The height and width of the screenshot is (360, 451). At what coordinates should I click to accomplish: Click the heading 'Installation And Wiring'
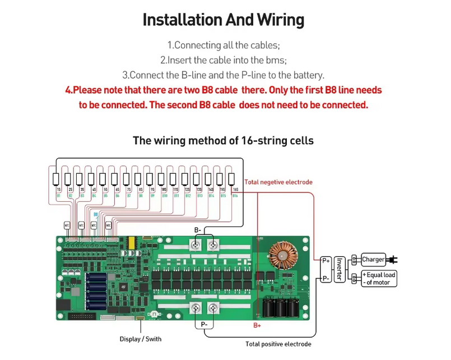pos(223,20)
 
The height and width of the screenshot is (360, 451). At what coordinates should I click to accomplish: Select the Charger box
pos(373,260)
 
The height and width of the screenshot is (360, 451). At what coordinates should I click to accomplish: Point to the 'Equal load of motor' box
pos(379,279)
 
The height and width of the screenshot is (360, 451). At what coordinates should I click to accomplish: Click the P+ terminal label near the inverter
pos(326,261)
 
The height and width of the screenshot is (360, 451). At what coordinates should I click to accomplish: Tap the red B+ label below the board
pos(257,325)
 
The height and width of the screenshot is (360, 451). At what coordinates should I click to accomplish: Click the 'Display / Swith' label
pos(140,339)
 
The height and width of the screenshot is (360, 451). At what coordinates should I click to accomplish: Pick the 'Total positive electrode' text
pos(278,344)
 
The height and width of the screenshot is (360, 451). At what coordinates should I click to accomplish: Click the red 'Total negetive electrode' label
pos(278,182)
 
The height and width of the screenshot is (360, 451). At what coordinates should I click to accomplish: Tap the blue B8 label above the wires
pos(95,214)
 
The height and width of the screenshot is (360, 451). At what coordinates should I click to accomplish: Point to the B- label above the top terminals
pos(198,230)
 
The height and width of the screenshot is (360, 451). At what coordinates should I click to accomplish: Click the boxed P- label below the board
pos(204,324)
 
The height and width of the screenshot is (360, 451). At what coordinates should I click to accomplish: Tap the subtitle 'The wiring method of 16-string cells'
pos(223,140)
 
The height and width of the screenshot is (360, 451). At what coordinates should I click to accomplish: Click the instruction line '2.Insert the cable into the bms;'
pos(223,60)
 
